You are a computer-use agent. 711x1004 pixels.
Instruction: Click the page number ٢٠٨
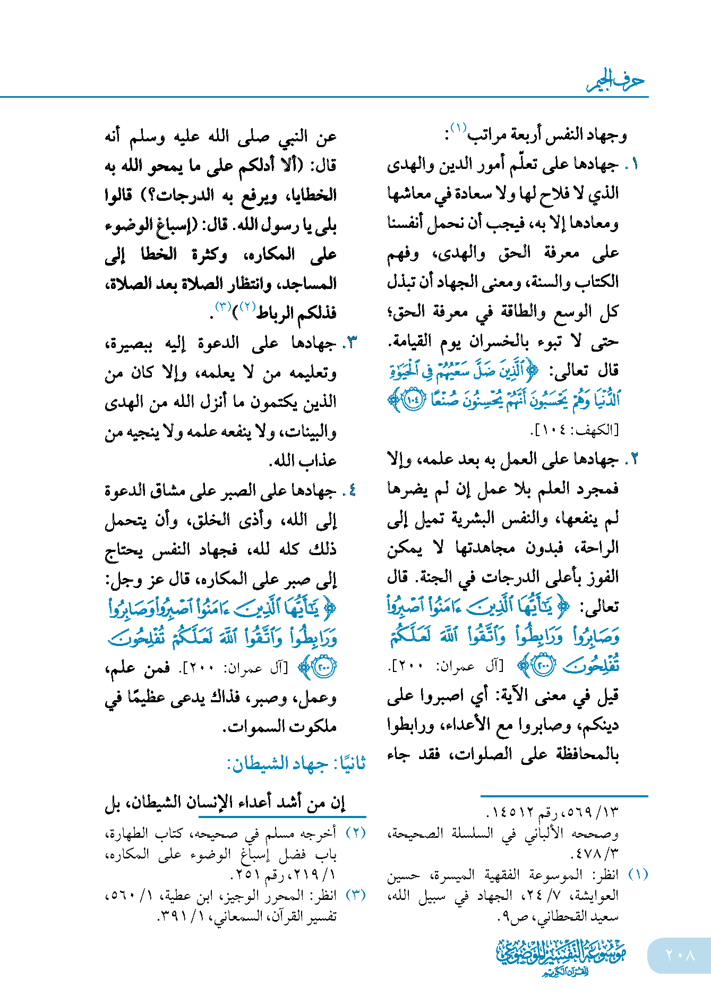click(680, 955)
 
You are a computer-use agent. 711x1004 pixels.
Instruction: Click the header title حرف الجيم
click(616, 81)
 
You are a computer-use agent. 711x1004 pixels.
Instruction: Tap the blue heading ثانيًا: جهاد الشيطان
click(296, 764)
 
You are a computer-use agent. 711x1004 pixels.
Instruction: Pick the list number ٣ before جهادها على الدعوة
click(352, 343)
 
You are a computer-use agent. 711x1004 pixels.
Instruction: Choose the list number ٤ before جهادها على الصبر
click(352, 490)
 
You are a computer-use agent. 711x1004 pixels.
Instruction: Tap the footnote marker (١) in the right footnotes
click(638, 874)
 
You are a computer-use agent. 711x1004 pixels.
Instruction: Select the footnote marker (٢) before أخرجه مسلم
click(356, 833)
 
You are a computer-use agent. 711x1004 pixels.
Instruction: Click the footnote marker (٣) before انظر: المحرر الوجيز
click(356, 895)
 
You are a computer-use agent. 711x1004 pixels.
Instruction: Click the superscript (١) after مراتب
click(458, 128)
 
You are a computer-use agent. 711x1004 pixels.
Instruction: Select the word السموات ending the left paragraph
click(254, 726)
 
